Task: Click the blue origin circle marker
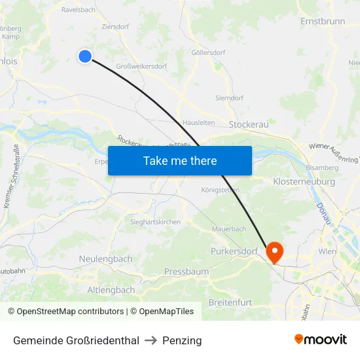tap(85, 56)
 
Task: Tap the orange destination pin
tap(274, 251)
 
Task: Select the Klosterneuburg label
tap(304, 181)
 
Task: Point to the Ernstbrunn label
tap(322, 22)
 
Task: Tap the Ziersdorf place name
tap(116, 27)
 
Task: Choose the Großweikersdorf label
tap(141, 66)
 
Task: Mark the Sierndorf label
tap(229, 98)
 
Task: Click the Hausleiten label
tap(198, 122)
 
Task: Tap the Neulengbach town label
tap(105, 259)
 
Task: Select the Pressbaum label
tap(187, 271)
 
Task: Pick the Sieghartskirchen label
tap(155, 222)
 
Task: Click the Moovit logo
tap(321, 340)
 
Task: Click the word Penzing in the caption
tap(182, 340)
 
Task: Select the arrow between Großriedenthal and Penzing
tap(151, 340)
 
